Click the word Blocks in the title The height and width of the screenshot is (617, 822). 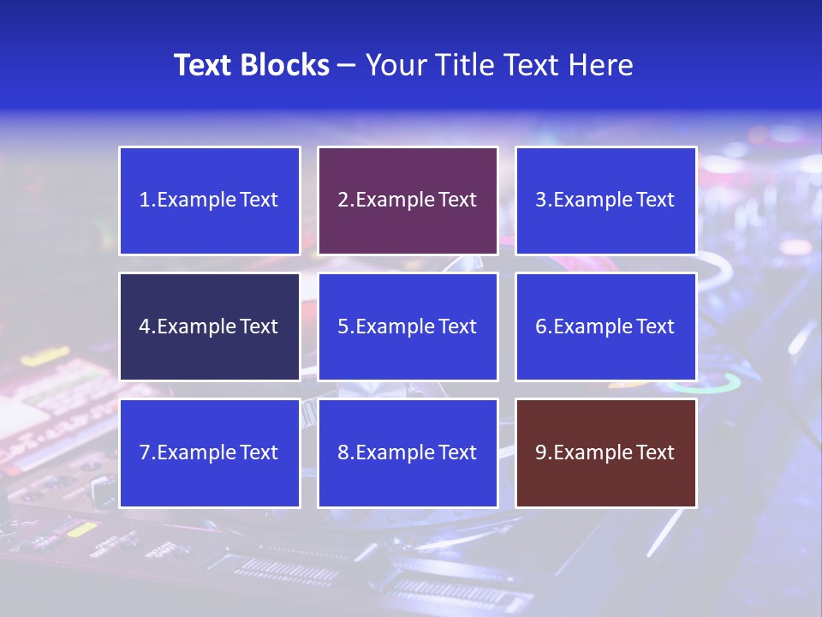286,65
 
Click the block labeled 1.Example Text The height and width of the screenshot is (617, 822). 209,201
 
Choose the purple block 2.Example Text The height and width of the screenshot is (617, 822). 408,201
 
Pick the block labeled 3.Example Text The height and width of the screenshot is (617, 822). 605,201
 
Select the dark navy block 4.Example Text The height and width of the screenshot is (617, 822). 209,326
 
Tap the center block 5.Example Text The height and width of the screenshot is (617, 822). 408,326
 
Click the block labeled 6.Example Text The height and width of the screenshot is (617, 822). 605,326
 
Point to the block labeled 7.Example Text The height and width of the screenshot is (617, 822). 209,452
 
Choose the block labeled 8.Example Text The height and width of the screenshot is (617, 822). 408,452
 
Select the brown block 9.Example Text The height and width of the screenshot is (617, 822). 605,452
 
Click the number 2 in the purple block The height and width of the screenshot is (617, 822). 342,201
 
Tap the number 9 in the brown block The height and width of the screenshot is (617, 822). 541,452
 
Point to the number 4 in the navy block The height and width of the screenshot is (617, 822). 145,326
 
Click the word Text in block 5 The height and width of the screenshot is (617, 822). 458,326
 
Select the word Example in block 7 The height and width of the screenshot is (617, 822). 197,452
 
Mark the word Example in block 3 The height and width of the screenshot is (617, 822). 593,201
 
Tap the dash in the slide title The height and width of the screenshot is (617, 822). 347,65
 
